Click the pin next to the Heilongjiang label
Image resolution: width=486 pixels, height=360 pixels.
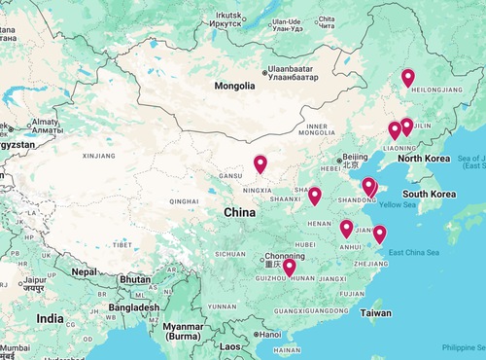click(x=407, y=79)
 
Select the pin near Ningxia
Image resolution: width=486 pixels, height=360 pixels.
click(x=260, y=164)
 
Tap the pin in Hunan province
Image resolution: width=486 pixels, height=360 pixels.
click(x=289, y=268)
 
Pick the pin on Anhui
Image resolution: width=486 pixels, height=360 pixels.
click(x=346, y=230)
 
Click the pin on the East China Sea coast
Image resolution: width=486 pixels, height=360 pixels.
click(x=379, y=234)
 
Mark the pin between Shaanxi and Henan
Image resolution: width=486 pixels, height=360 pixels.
click(x=315, y=197)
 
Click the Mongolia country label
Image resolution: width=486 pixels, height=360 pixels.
click(x=236, y=86)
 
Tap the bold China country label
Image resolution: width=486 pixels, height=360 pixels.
click(x=240, y=212)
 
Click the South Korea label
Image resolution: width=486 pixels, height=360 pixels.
click(x=430, y=194)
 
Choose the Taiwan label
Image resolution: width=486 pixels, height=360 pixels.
click(x=377, y=313)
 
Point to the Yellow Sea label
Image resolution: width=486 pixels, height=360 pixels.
click(x=397, y=204)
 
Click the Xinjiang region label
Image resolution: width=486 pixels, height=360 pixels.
click(x=98, y=155)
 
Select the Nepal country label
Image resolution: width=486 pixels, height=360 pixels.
click(x=85, y=271)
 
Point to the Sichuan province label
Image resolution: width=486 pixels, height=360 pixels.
click(x=231, y=253)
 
